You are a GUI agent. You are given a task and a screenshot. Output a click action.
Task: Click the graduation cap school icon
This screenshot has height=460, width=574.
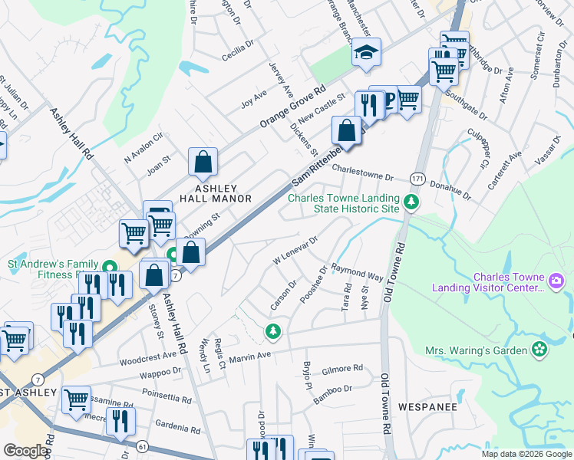367,54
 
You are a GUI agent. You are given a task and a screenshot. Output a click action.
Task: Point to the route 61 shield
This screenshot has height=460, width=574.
142,445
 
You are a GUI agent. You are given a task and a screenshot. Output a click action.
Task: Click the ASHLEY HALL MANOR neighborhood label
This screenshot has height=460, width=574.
216,192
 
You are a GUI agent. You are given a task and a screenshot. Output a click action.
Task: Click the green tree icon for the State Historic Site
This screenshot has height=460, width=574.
412,203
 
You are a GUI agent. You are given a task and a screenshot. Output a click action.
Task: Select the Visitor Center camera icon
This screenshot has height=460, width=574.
556,282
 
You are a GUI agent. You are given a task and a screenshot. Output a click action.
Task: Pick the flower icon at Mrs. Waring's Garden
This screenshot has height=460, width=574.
540,350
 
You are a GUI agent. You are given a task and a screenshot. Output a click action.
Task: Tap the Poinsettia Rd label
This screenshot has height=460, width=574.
166,399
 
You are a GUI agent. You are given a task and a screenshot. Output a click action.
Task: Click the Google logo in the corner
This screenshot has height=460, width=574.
25,451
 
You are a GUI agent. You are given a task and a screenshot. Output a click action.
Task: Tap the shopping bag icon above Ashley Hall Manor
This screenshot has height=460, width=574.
203,162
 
